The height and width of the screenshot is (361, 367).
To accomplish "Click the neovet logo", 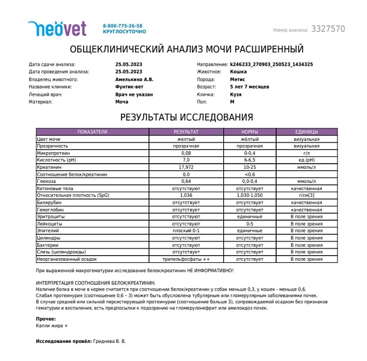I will coord(57,28).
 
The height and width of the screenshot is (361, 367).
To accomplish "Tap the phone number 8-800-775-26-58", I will coord(123,26).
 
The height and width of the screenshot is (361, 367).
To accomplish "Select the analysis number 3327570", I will coord(328,29).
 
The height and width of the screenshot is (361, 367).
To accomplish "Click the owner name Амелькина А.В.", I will coord(134,79).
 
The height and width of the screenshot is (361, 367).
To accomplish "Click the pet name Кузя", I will coord(236,94).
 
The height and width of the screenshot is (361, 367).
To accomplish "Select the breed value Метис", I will coord(237,79).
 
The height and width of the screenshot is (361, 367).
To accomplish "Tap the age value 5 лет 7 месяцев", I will coord(251,87).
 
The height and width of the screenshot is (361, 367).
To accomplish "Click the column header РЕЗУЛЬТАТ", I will coord(186,131).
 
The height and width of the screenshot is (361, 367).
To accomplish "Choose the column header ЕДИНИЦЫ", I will coord(306,131).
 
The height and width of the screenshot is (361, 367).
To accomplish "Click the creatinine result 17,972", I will coord(186,167).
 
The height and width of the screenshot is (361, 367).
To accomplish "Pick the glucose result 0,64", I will coord(186,181).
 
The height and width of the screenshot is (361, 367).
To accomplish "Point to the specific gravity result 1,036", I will coord(186,196).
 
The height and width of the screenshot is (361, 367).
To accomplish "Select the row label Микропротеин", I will coord(55,153).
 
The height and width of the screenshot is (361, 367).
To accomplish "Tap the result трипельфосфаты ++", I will coord(186,259).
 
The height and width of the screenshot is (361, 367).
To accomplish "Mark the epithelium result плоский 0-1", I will coord(186,231).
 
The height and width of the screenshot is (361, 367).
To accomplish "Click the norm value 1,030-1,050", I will coord(250,196).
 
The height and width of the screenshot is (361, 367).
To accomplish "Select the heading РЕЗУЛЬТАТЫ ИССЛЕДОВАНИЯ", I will coord(187,117).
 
